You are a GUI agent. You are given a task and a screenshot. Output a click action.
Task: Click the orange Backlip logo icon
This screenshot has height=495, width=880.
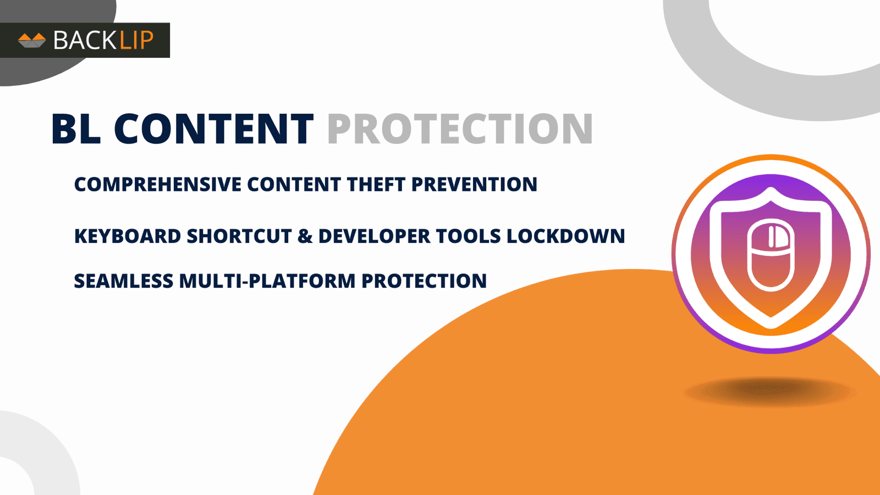click(x=32, y=40)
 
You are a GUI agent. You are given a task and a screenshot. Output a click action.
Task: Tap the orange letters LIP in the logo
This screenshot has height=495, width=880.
click(x=136, y=40)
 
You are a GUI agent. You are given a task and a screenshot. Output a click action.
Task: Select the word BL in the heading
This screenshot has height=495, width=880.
click(x=76, y=129)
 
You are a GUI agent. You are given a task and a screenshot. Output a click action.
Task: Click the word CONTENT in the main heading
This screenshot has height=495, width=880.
click(x=213, y=129)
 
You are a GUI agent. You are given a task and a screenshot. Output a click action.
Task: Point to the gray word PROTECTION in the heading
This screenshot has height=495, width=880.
click(x=460, y=129)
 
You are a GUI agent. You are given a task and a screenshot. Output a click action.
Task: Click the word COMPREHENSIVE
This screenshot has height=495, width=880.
click(x=157, y=184)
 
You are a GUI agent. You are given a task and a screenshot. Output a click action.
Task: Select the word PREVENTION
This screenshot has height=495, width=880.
click(x=474, y=184)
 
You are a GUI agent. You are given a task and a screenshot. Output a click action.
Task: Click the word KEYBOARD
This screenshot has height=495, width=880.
click(x=128, y=236)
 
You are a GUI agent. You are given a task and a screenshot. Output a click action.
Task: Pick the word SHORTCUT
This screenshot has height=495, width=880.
click(x=239, y=236)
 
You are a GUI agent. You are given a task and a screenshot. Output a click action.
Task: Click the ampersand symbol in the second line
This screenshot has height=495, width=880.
click(x=305, y=236)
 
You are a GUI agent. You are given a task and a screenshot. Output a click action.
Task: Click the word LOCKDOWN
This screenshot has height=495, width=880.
click(x=565, y=236)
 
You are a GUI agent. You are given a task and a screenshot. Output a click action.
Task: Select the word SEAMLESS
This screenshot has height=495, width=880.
click(x=123, y=281)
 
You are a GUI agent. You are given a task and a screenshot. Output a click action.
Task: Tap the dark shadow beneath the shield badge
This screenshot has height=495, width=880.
click(x=769, y=391)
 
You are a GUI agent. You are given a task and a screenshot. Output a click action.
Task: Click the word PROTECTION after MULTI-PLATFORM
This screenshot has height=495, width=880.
click(x=424, y=281)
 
